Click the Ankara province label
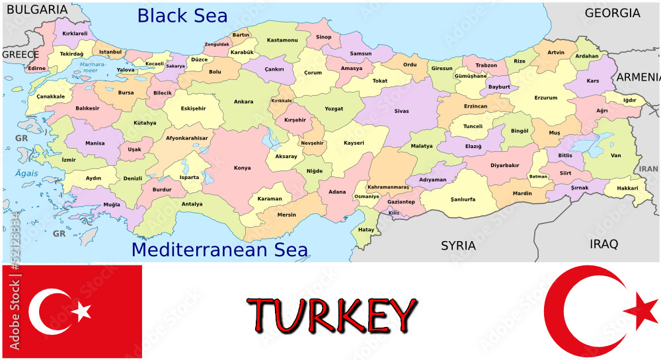pyautogui.click(x=243, y=102)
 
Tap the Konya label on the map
pyautogui.click(x=242, y=168)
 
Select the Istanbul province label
pyautogui.click(x=110, y=52)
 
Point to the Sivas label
pyautogui.click(x=401, y=111)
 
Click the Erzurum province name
pyautogui.click(x=546, y=98)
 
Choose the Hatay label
pyautogui.click(x=366, y=230)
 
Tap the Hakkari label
pyautogui.click(x=627, y=188)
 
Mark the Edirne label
pyautogui.click(x=37, y=68)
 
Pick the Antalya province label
pyautogui.click(x=192, y=204)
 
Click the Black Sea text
pyautogui.click(x=182, y=16)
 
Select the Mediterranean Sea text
pyautogui.click(x=219, y=250)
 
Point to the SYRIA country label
pyautogui.click(x=458, y=246)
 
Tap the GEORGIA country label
pyautogui.click(x=612, y=13)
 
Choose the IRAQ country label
pyautogui.click(x=603, y=244)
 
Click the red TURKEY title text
pyautogui.click(x=332, y=315)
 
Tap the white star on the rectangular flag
pyautogui.click(x=82, y=311)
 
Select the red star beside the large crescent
pyautogui.click(x=641, y=310)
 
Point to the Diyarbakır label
pyautogui.click(x=504, y=165)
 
